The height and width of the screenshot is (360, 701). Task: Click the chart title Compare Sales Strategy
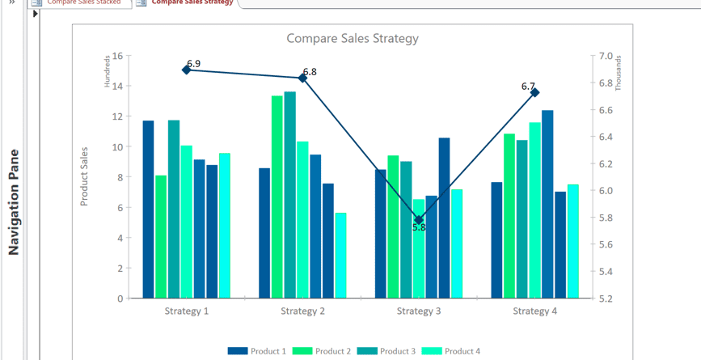tap(353, 38)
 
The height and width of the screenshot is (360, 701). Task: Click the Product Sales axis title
tap(84, 176)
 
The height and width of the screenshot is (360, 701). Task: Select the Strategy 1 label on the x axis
tap(187, 311)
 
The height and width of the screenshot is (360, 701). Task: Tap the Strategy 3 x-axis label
tap(419, 311)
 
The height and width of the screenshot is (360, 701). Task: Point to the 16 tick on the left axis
tap(117, 56)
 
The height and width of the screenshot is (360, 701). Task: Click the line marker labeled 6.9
tap(187, 70)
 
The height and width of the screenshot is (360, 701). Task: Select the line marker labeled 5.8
tap(419, 220)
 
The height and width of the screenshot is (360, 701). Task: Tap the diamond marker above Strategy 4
tap(534, 93)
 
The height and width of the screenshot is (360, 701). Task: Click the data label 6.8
tap(310, 72)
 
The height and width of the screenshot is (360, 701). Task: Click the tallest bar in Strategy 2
tap(290, 195)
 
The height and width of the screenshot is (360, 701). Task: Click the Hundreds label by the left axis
tap(107, 70)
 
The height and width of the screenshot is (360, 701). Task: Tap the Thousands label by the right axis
tap(619, 72)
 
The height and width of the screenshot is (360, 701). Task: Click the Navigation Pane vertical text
tap(14, 202)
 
